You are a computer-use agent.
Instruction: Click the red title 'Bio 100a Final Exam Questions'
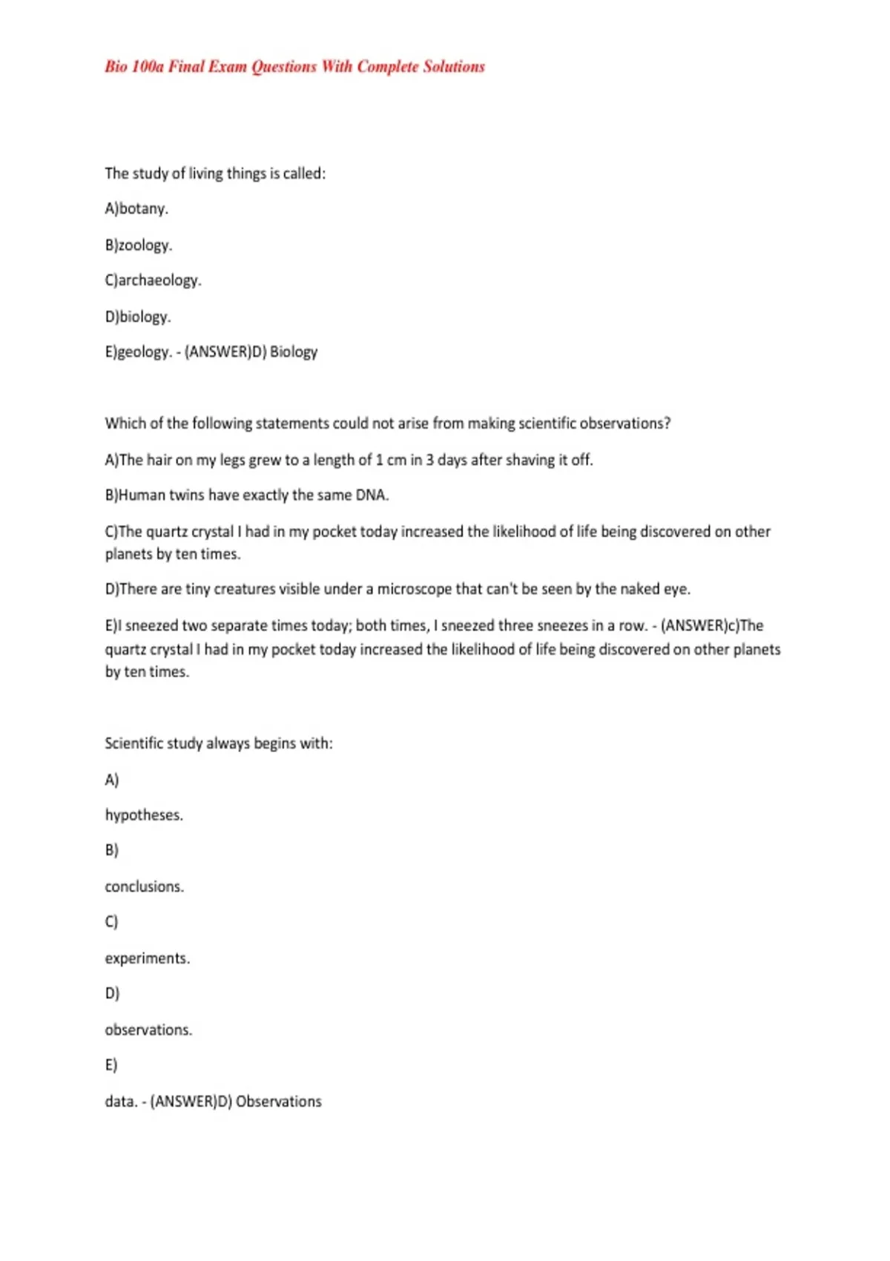click(x=294, y=67)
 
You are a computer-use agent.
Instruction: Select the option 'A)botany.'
click(x=136, y=209)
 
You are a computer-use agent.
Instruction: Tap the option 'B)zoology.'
click(x=139, y=245)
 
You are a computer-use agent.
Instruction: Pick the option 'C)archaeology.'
click(x=153, y=280)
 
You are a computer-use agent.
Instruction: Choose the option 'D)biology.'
click(x=138, y=317)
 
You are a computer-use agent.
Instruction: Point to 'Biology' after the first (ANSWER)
click(x=294, y=352)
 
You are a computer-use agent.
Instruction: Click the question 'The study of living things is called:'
click(x=215, y=174)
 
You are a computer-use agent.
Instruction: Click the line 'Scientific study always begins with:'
click(x=219, y=743)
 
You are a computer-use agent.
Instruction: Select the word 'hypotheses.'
click(x=144, y=815)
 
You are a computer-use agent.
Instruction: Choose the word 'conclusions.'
click(x=145, y=887)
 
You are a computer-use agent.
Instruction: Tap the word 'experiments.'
click(x=148, y=958)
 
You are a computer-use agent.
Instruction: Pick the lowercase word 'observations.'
click(x=148, y=1030)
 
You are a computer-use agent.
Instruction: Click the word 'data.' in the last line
click(x=121, y=1102)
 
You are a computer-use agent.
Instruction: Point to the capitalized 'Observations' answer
click(x=279, y=1102)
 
